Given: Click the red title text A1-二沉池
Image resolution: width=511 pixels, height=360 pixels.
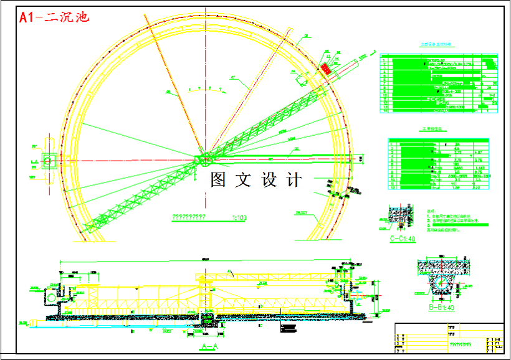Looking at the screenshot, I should pyautogui.click(x=54, y=17).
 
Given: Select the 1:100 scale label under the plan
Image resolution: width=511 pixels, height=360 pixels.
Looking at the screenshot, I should pyautogui.click(x=239, y=218).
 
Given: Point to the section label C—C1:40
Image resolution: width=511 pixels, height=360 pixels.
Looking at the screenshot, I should pyautogui.click(x=402, y=238).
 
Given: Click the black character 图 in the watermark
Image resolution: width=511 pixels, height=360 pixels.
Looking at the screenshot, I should pyautogui.click(x=218, y=180).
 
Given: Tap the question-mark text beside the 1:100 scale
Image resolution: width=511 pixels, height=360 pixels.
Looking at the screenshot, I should pyautogui.click(x=193, y=218).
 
